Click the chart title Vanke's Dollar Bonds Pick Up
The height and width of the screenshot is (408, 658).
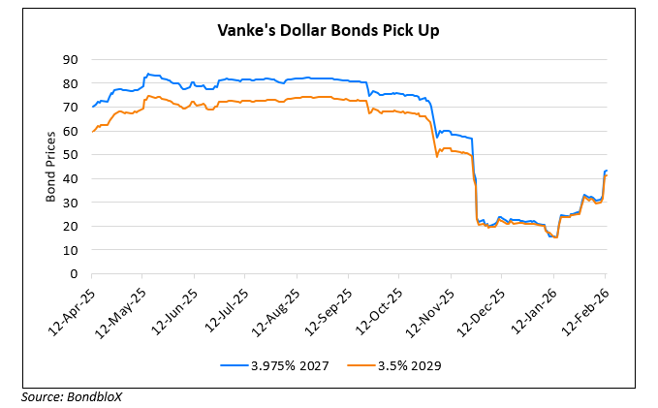click(x=329, y=30)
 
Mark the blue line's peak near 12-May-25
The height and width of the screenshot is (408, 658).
click(x=146, y=74)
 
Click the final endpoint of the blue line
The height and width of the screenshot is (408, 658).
click(x=607, y=172)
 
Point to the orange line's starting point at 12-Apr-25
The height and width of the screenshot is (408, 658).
click(x=92, y=131)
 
